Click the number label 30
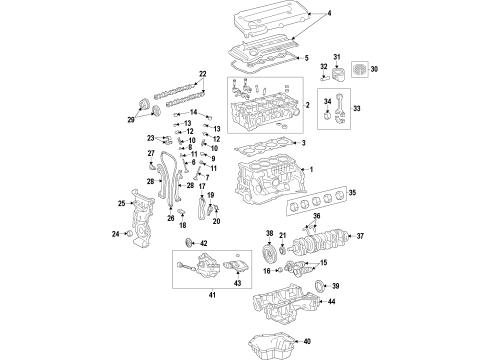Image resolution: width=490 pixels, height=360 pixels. (376, 70)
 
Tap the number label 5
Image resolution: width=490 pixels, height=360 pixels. (305, 57)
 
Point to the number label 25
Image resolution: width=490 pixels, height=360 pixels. (122, 204)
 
